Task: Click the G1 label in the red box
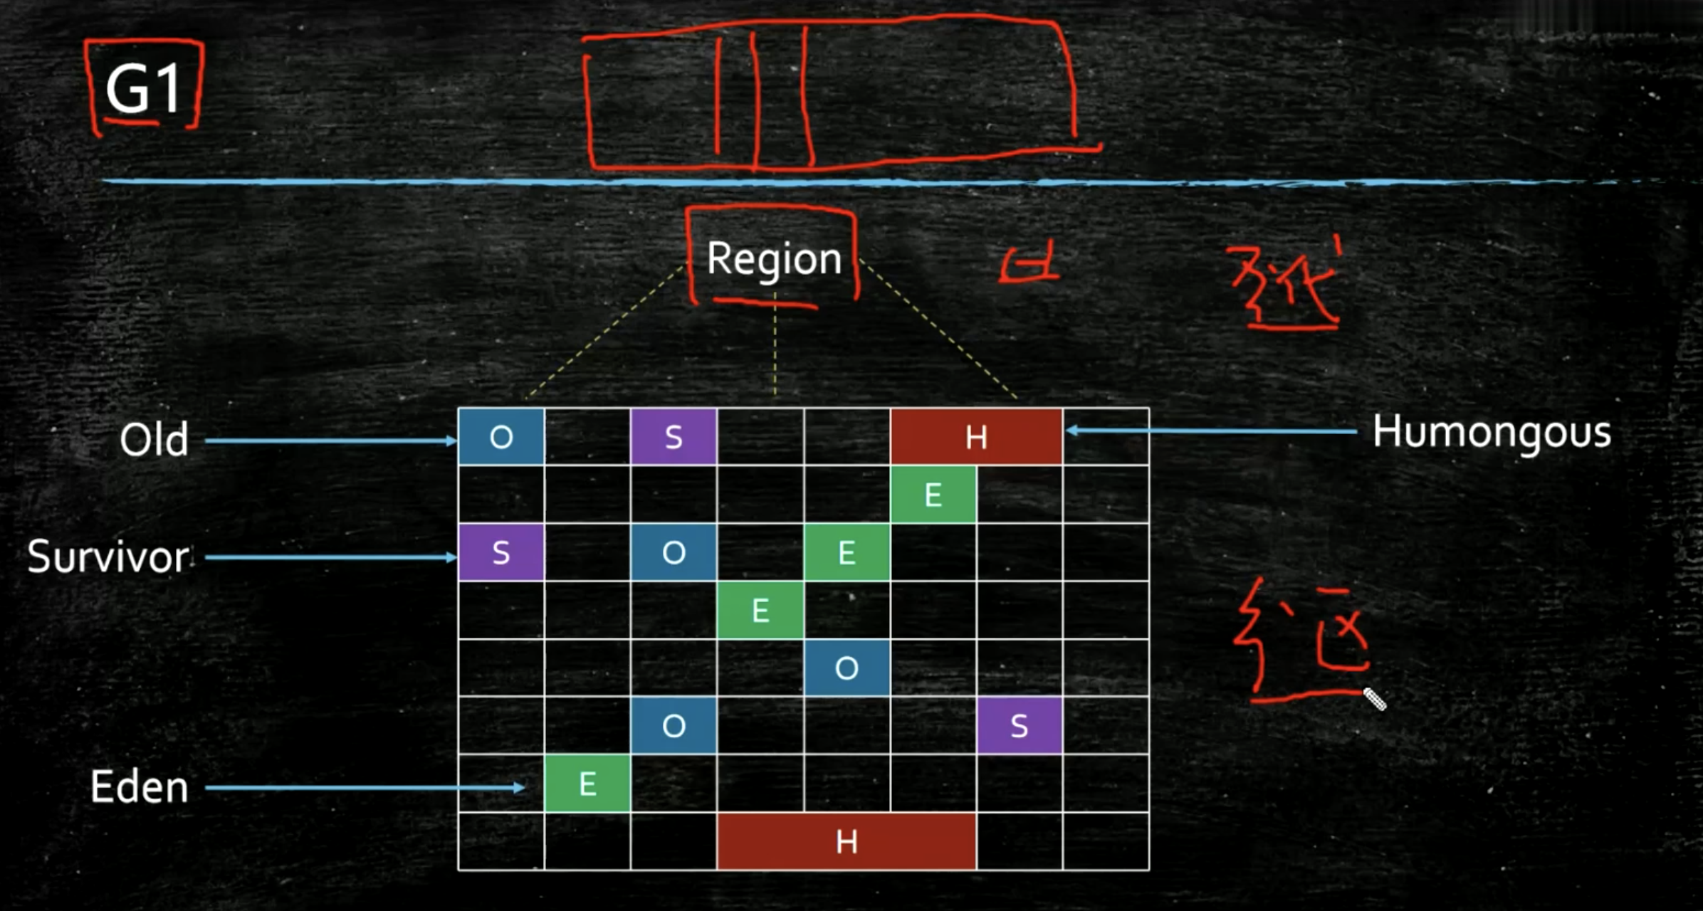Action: (143, 89)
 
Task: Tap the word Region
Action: (774, 259)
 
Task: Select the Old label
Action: (154, 440)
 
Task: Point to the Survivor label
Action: (108, 557)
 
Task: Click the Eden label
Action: (140, 787)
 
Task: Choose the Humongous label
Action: (1492, 432)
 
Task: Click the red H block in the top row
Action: (976, 437)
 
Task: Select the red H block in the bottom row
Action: (847, 842)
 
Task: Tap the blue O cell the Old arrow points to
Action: (501, 437)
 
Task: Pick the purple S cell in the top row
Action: (674, 437)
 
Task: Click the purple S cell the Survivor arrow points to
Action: (501, 552)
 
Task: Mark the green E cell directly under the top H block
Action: (933, 495)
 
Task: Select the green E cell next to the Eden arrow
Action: (587, 784)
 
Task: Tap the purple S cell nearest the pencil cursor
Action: (1020, 726)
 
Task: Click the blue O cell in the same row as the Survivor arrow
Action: (674, 552)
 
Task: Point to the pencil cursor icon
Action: (1375, 700)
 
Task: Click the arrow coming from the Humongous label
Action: (1210, 431)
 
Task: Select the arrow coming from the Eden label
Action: (363, 787)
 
